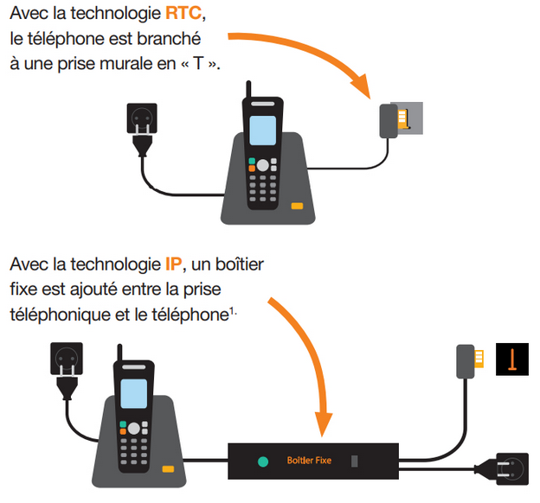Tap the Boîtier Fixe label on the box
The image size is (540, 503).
coord(308,461)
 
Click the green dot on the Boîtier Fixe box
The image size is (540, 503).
coord(262,461)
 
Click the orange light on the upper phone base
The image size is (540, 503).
coord(297,206)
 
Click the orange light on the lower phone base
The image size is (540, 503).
coord(166,469)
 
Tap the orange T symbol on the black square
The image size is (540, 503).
coord(511,358)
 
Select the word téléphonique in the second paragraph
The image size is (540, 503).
coord(60,315)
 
